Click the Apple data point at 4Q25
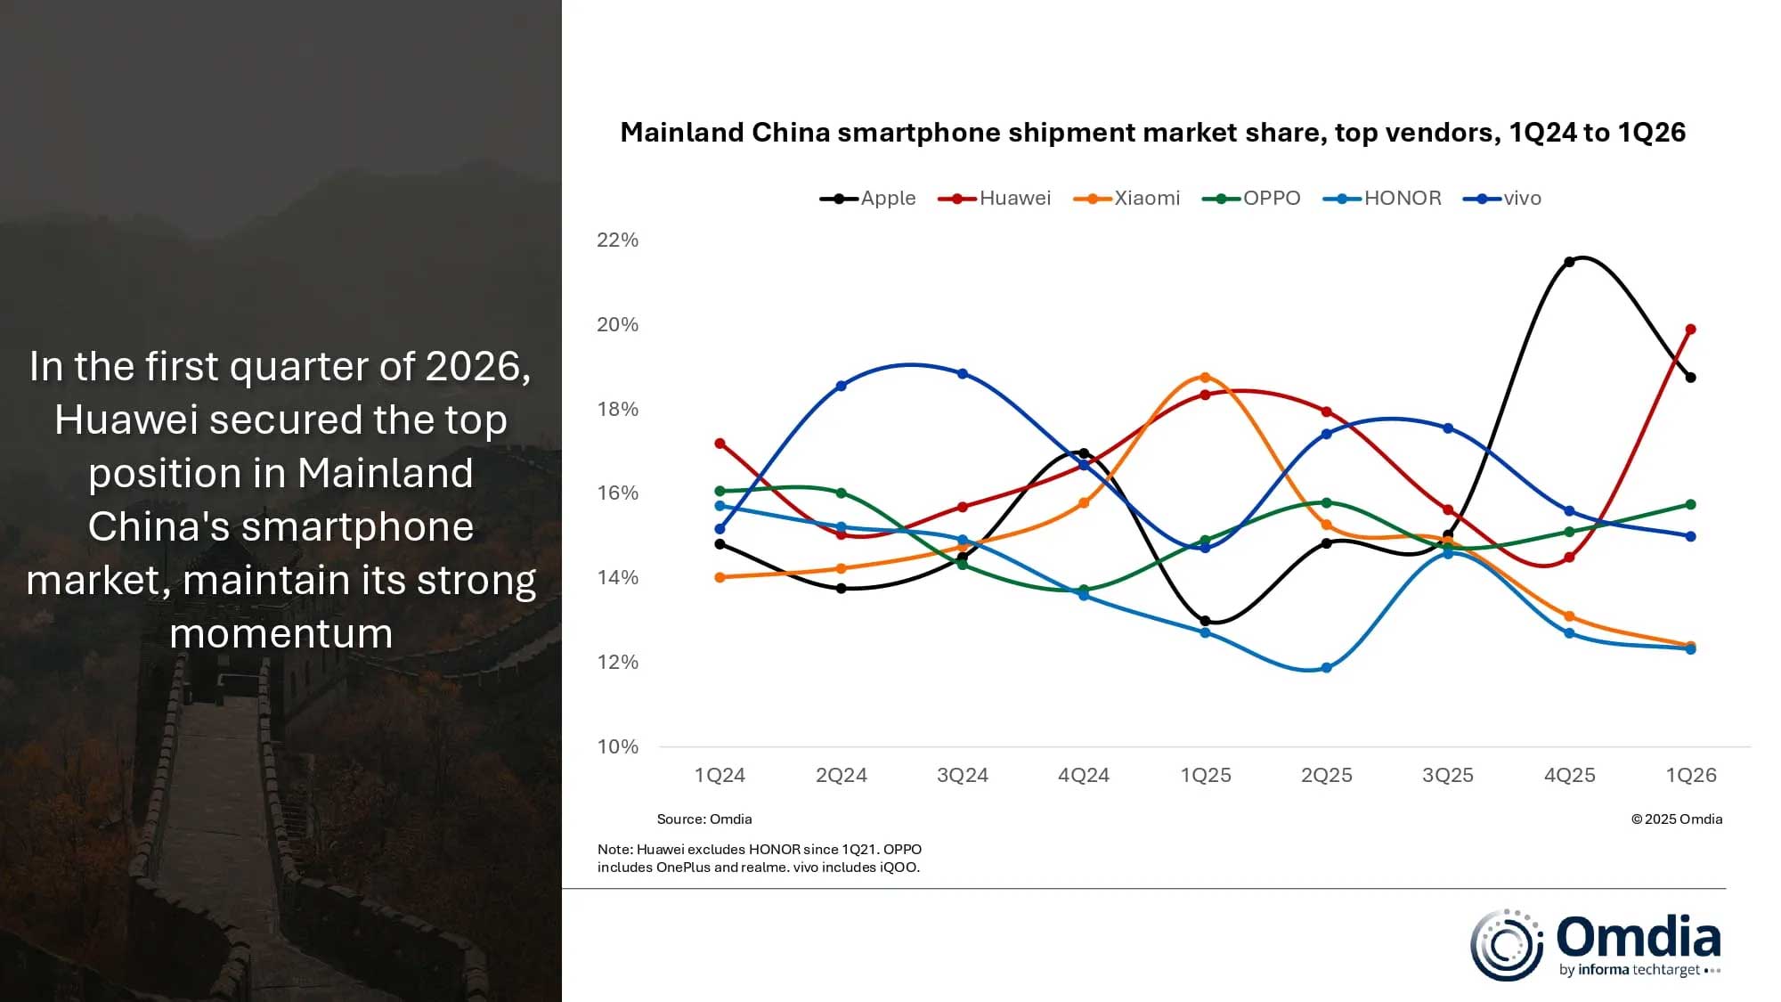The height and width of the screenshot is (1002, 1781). (1569, 262)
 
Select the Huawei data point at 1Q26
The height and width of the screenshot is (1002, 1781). (1690, 330)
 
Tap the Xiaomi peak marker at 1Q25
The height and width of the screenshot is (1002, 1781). (1205, 378)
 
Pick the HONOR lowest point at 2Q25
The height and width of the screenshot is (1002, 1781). (1326, 668)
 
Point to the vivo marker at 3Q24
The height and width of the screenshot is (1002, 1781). (963, 374)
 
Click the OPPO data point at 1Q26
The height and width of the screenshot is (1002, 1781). (1690, 505)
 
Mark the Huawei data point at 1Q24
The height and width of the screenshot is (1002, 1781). (720, 444)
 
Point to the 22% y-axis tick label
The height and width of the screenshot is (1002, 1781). (617, 240)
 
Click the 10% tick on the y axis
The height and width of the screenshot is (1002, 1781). (617, 746)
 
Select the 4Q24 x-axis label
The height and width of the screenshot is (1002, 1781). (1084, 775)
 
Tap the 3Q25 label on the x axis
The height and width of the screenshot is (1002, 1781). (1447, 775)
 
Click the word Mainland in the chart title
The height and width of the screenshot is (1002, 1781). (681, 133)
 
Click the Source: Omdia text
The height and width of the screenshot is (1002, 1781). (703, 819)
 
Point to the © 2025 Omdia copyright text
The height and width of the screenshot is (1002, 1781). (1676, 819)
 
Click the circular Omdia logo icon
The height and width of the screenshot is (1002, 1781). (1507, 945)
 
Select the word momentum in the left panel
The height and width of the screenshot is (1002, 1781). (281, 634)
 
